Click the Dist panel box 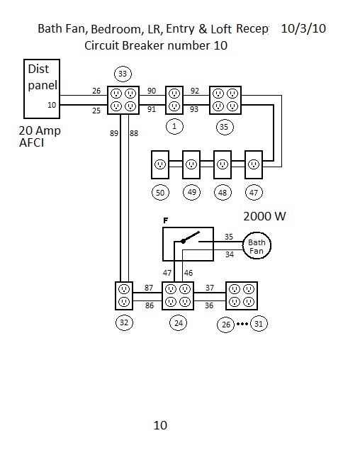coord(42,89)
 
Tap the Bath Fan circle coord(257,245)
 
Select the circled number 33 coord(123,74)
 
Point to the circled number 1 coord(174,127)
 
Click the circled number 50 coord(160,192)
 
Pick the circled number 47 coord(254,192)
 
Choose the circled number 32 coord(124,322)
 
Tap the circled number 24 coord(179,323)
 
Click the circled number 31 coord(259,324)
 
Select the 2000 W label coord(264,216)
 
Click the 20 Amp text coord(40,131)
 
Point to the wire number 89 coord(114,133)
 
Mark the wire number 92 coord(195,91)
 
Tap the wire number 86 coord(150,305)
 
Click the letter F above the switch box coord(166,220)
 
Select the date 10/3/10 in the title coord(303,28)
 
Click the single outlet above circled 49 coord(191,164)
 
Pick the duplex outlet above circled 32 coord(124,296)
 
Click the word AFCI coord(32,142)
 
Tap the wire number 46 coord(189,273)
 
